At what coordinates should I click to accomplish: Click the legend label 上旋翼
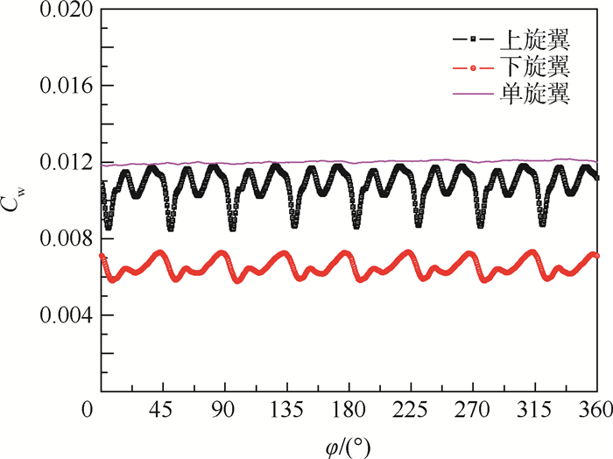coord(535,39)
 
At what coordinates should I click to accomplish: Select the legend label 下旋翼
coord(535,67)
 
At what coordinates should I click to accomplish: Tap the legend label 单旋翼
coord(535,94)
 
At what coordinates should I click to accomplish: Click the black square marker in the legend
coord(471,39)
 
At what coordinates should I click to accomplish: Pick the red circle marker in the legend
coord(471,67)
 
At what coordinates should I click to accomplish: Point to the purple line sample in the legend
coord(471,94)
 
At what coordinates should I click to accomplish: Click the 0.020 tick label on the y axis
coord(67,11)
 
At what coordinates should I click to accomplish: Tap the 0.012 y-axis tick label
coord(67,163)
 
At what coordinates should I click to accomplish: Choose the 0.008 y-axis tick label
coord(67,238)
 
